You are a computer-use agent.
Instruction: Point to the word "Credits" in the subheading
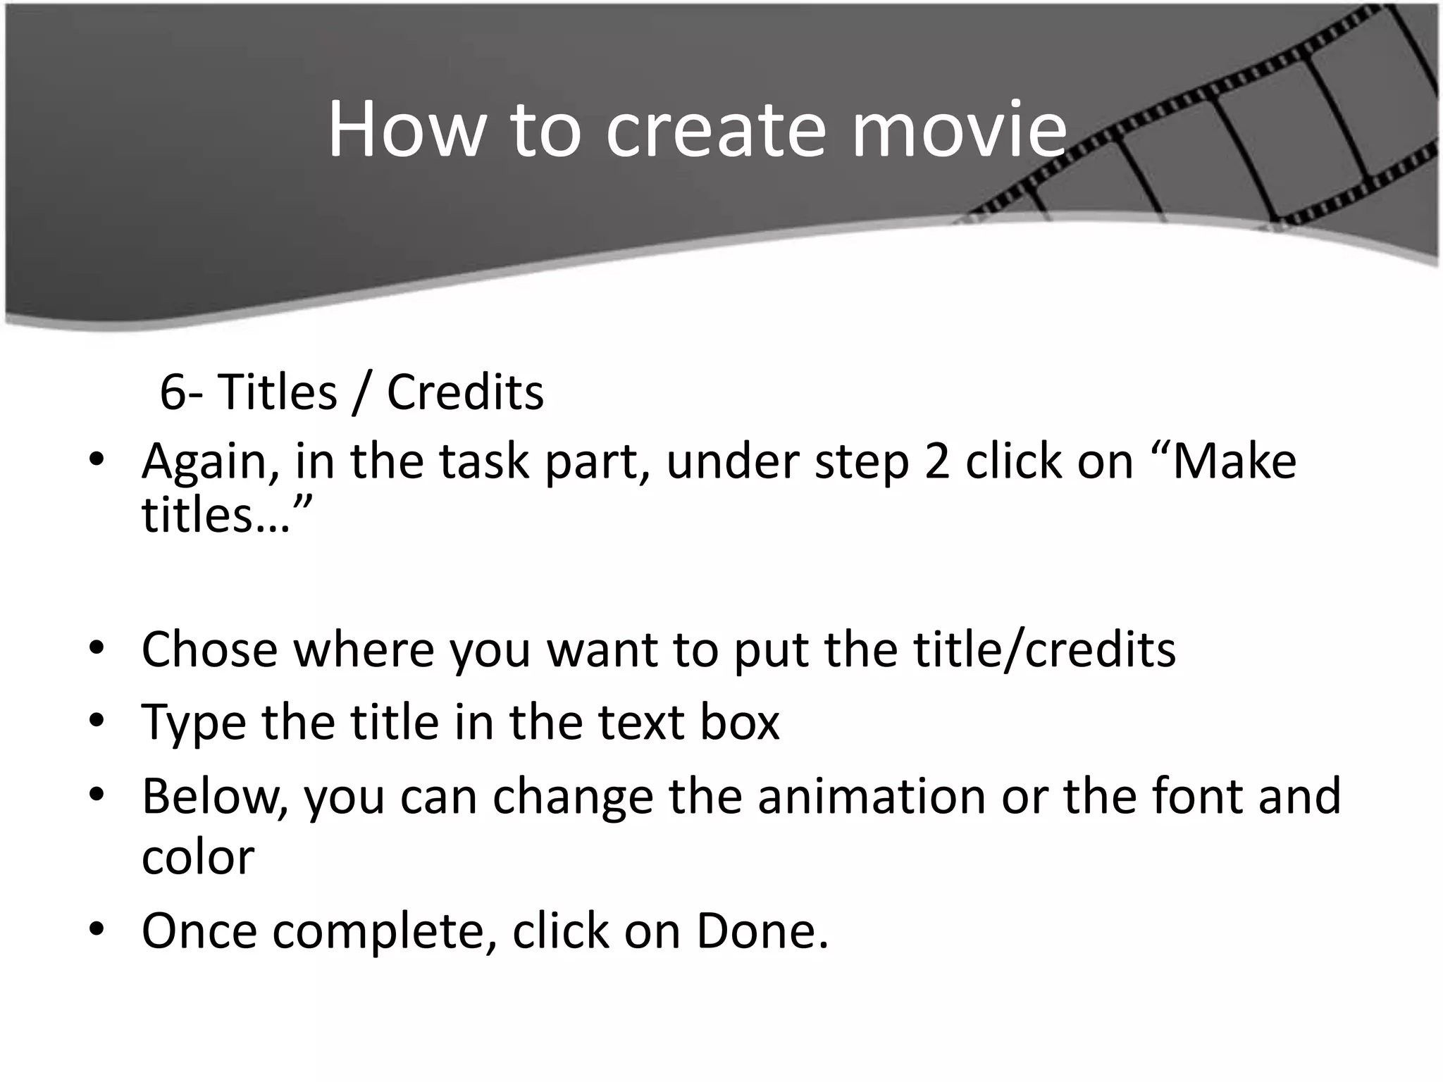click(465, 392)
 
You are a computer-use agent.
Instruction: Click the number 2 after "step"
click(937, 461)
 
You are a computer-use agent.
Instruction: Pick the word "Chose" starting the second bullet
click(210, 649)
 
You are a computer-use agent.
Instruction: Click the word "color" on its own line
click(198, 857)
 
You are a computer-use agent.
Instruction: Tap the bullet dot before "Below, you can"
click(97, 795)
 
